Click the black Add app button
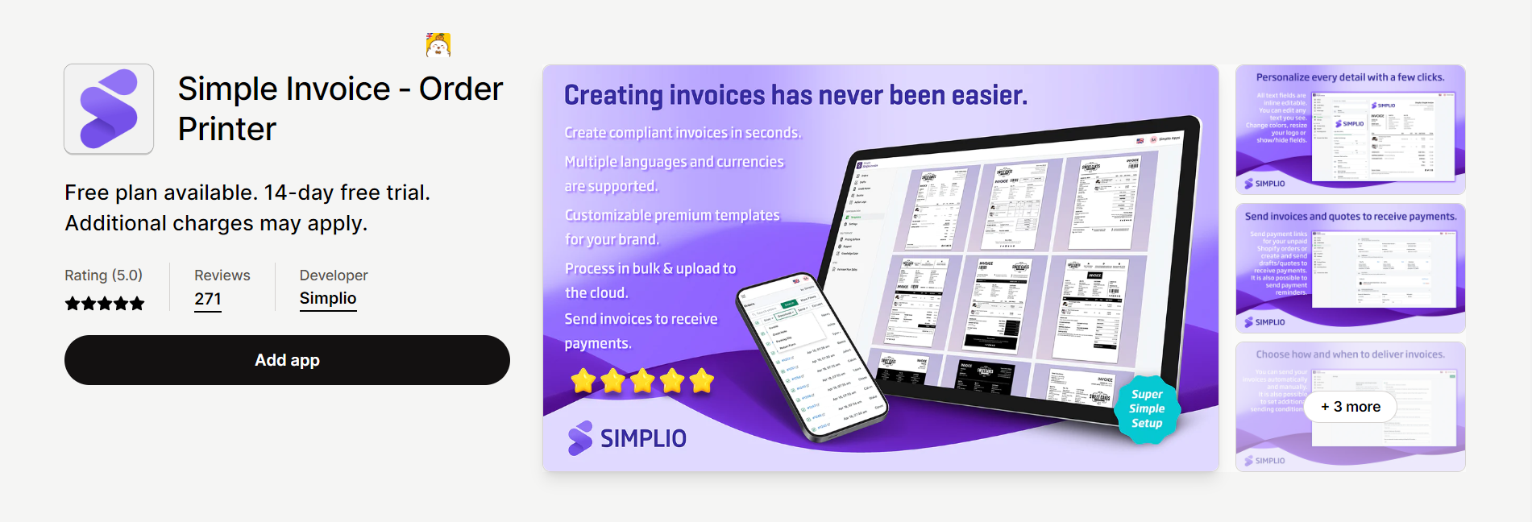[x=287, y=360]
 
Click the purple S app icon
[x=109, y=109]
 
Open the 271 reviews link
[x=208, y=299]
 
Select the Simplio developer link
[x=328, y=298]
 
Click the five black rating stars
[x=105, y=304]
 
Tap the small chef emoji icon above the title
[x=438, y=45]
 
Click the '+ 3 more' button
[x=1350, y=407]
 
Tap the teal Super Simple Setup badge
[x=1147, y=408]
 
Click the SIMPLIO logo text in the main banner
[x=643, y=438]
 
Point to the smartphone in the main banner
[x=810, y=354]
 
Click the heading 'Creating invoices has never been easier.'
[x=795, y=95]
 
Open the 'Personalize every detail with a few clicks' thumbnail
[x=1350, y=129]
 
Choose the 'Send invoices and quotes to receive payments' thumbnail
[x=1350, y=267]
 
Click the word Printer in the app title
[x=227, y=129]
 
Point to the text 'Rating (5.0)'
[x=103, y=275]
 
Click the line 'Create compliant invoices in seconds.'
[x=683, y=133]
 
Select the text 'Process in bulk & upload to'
[x=650, y=268]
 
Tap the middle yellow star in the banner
[x=642, y=380]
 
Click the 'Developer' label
[x=334, y=275]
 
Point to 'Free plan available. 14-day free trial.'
[x=247, y=193]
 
